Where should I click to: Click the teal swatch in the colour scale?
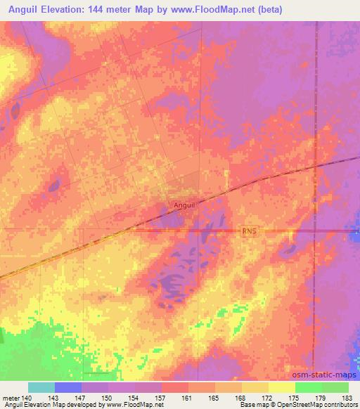41,387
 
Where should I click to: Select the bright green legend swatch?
308,387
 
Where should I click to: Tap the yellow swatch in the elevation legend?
281,387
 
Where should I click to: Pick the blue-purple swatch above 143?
67,387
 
